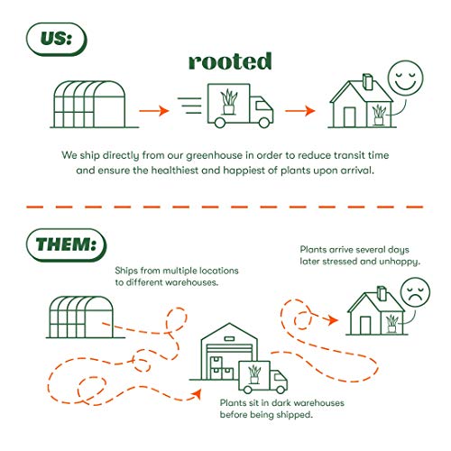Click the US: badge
click(56, 40)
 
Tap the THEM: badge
click(67, 245)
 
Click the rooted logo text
click(230, 61)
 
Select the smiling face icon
click(405, 78)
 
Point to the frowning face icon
click(415, 292)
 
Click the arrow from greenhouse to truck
click(153, 111)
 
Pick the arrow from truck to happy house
click(299, 111)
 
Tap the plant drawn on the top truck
click(229, 102)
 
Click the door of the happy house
click(349, 117)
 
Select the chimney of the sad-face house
click(382, 293)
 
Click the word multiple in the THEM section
click(176, 271)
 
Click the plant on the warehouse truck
click(254, 374)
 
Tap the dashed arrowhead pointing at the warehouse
click(197, 393)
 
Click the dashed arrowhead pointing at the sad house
click(333, 319)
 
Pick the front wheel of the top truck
click(264, 123)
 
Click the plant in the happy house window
click(379, 115)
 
